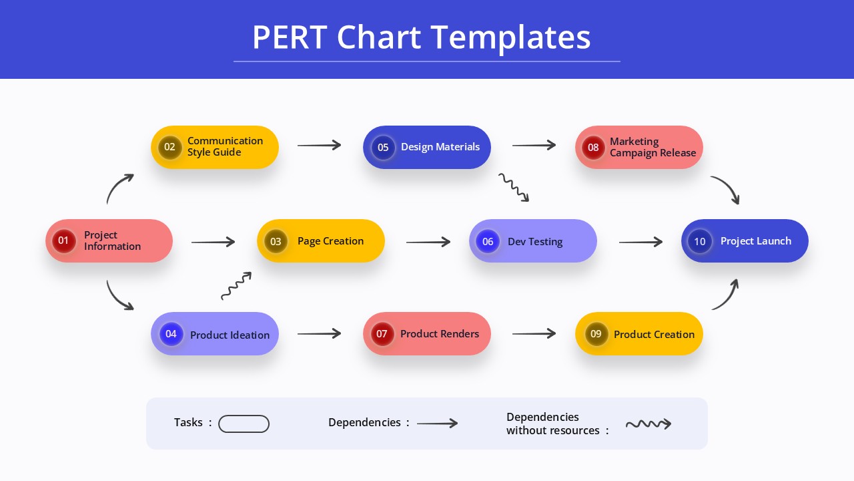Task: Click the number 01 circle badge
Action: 63,240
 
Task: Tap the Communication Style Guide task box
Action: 215,147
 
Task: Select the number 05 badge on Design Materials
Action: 383,147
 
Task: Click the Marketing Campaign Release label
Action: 653,147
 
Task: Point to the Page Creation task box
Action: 321,240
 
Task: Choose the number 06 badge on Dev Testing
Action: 488,241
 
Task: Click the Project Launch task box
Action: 745,240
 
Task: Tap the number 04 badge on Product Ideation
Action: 171,334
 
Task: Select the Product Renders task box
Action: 427,333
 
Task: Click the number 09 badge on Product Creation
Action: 596,334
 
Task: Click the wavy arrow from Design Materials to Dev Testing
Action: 514,188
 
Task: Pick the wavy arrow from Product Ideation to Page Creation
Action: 236,286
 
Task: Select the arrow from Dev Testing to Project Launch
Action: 640,242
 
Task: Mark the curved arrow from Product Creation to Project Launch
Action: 727,295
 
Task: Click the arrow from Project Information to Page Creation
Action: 213,242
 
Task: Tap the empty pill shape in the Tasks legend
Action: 244,424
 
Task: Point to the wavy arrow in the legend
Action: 648,424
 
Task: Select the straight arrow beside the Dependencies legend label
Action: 437,424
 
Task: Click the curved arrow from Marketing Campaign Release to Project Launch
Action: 727,188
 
